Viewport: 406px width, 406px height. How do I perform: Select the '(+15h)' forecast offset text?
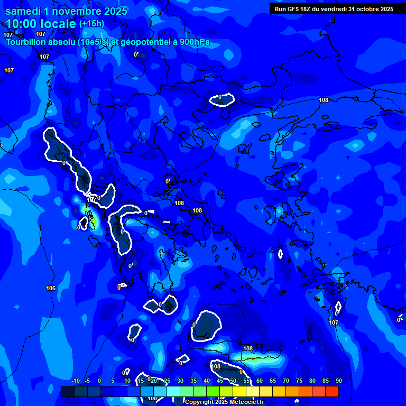pyautogui.click(x=91, y=23)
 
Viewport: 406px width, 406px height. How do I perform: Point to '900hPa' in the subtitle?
pyautogui.click(x=192, y=42)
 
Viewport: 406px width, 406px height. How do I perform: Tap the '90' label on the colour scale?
pyautogui.click(x=338, y=381)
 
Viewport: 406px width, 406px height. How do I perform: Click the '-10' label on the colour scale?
pyautogui.click(x=75, y=381)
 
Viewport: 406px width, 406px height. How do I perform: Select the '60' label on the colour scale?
pyautogui.click(x=259, y=381)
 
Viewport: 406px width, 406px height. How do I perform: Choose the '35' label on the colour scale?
pyautogui.click(x=193, y=381)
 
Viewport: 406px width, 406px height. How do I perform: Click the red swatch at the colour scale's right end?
pyautogui.click(x=331, y=391)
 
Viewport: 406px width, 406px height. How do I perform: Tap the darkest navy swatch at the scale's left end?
pyautogui.click(x=67, y=391)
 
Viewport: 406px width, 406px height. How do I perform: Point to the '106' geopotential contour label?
pyautogui.click(x=51, y=288)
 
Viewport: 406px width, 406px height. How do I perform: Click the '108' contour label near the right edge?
pyautogui.click(x=324, y=100)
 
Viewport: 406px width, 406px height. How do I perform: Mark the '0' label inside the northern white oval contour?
pyautogui.click(x=220, y=97)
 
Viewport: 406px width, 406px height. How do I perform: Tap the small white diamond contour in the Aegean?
pyautogui.click(x=280, y=254)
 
